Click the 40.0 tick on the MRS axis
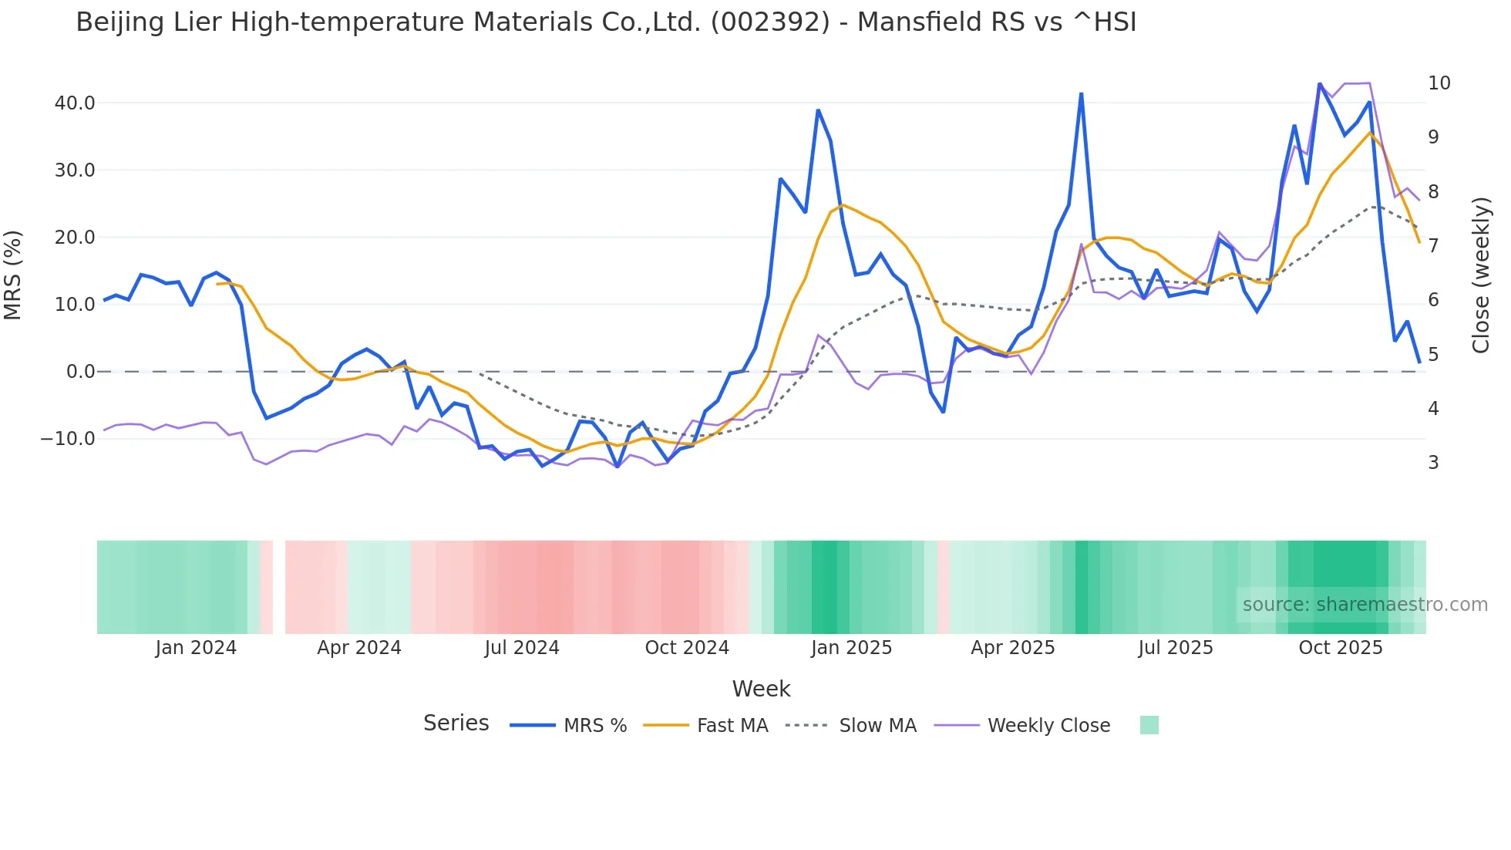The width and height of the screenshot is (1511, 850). point(75,103)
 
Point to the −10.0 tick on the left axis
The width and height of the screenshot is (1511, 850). point(68,438)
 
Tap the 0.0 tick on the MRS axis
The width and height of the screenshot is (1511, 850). point(81,371)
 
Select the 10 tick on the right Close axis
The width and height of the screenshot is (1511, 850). point(1439,83)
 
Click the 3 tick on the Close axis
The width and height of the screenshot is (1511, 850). point(1433,462)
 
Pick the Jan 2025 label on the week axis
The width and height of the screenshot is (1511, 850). point(851,647)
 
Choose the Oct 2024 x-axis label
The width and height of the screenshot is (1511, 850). point(686,647)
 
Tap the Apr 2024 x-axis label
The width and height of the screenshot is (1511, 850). point(358,647)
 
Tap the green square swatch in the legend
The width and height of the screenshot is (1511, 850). point(1149,725)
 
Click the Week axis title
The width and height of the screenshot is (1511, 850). point(761,688)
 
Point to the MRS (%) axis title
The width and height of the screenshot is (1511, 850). point(13,275)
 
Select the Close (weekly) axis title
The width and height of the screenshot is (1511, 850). point(1480,275)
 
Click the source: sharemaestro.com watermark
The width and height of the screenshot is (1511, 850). point(1365,604)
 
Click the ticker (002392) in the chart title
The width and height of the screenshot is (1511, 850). point(770,22)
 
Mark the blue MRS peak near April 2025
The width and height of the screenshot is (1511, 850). point(1081,94)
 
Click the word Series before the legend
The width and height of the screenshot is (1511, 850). point(456,723)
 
